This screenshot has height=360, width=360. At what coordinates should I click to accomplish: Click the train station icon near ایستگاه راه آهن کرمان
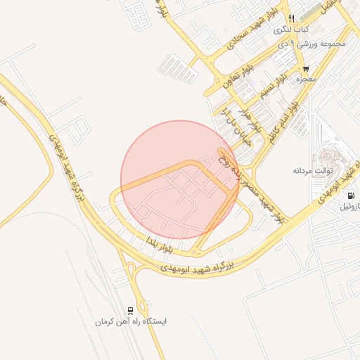point(130,310)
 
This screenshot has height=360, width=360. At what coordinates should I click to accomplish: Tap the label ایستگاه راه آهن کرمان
point(132,321)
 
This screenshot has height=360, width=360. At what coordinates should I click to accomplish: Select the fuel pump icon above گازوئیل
point(349,196)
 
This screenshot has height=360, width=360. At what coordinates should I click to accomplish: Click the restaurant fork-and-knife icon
point(291,19)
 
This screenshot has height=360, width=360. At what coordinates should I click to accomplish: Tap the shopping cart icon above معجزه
point(306,68)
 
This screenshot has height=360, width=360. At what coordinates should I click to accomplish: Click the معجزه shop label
point(306,79)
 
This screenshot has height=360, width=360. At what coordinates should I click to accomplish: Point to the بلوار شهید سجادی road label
point(248,34)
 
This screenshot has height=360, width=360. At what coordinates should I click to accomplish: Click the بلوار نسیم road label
point(274,85)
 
